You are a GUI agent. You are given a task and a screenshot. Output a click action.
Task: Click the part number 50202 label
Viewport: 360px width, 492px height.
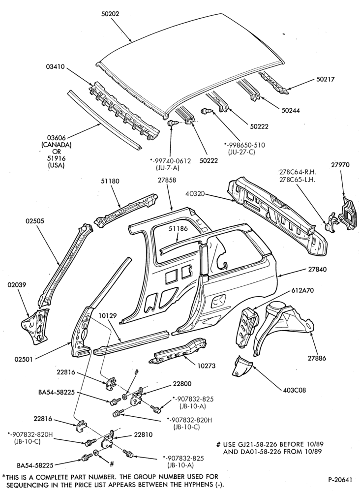110,14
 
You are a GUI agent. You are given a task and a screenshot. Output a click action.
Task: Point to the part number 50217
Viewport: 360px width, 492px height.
325,79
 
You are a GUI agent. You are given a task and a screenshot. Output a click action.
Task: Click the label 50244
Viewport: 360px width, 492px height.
290,110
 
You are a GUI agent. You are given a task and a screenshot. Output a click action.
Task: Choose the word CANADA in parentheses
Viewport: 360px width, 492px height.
56,145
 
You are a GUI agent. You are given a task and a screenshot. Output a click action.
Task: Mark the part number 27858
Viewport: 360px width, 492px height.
167,181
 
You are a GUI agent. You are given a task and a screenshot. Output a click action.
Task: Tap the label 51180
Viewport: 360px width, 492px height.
110,181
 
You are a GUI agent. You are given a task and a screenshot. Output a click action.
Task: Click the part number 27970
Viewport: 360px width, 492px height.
340,165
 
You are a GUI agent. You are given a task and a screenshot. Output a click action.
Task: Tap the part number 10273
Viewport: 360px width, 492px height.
207,366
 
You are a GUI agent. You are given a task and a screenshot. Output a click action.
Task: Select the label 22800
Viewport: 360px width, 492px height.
182,384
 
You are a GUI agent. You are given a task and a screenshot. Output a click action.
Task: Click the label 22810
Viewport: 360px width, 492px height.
143,434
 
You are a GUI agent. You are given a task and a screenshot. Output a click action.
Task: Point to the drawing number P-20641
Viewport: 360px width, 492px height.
340,480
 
